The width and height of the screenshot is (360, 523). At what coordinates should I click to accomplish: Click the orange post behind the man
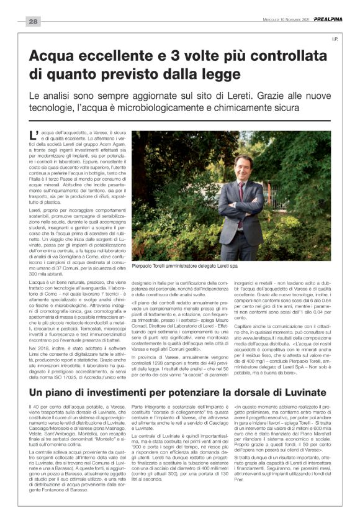click(x=302, y=187)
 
